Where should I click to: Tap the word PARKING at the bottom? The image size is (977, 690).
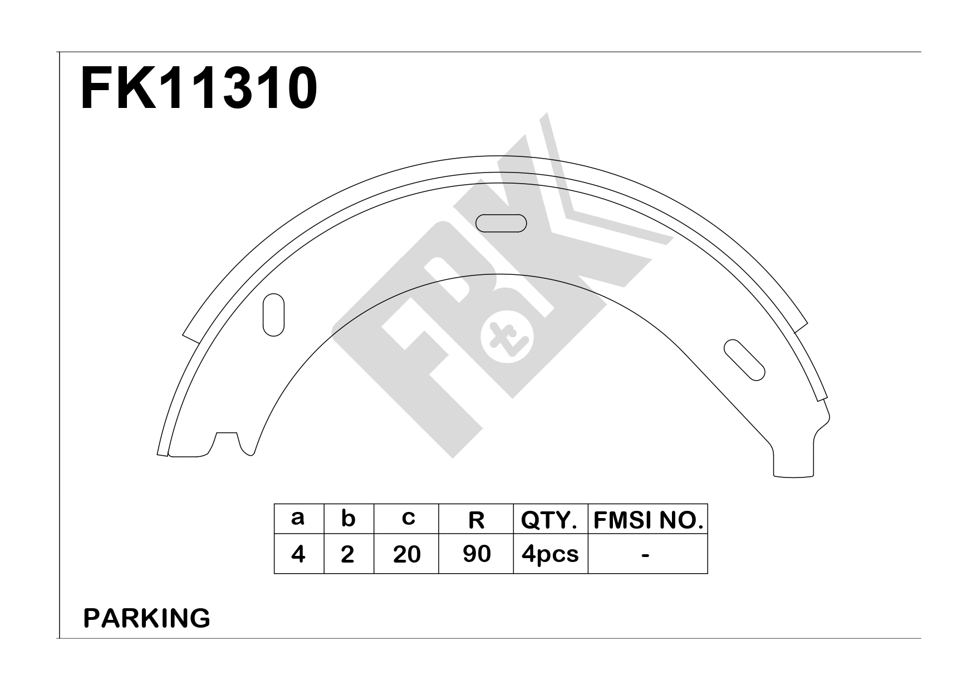pos(146,618)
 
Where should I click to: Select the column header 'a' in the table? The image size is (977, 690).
pos(298,518)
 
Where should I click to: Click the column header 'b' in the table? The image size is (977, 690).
pos(348,518)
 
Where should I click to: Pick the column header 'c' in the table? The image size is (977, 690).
pos(408,518)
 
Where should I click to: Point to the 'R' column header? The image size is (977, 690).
pos(476,520)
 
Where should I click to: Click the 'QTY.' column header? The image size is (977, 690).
pos(549,520)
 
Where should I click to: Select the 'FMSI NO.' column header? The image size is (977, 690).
pos(648,520)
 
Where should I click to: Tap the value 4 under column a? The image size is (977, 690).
pos(298,554)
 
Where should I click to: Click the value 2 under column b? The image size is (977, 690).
pos(348,554)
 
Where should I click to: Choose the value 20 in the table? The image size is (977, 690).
pos(406,554)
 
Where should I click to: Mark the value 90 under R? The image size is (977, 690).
pos(477,554)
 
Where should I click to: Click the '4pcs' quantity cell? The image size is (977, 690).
pos(550,554)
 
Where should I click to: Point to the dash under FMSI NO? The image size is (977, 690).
pos(646,554)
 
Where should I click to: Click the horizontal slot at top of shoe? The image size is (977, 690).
pos(501,223)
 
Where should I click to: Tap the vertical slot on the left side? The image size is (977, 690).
pos(273,314)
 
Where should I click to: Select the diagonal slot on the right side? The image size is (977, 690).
pos(744,360)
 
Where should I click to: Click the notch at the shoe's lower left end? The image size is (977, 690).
pos(227,442)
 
